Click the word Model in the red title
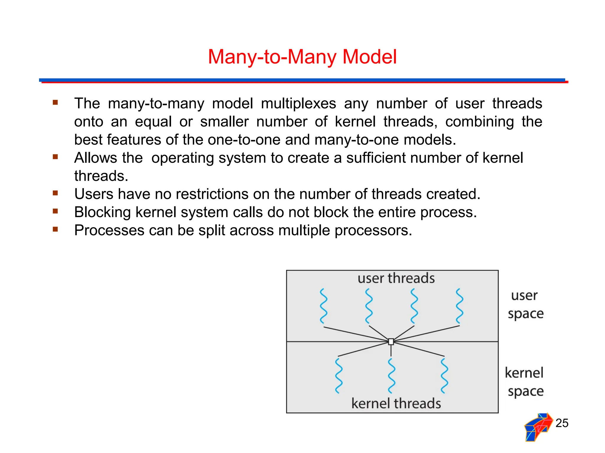click(x=369, y=57)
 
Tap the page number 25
click(x=562, y=423)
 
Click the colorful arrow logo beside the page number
click(x=538, y=427)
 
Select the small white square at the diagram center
click(x=391, y=342)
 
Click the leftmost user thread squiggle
click(x=324, y=306)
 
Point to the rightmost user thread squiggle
click(x=459, y=306)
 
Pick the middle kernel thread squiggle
click(x=391, y=376)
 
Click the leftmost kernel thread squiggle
click(x=339, y=376)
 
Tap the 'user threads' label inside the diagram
click(x=396, y=278)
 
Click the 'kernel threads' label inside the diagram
click(x=396, y=403)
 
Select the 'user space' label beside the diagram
click(x=526, y=304)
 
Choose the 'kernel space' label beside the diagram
click(x=525, y=382)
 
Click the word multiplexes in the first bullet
click(x=298, y=104)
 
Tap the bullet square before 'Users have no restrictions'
click(x=55, y=193)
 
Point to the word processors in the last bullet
click(x=373, y=230)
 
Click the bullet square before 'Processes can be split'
click(x=55, y=229)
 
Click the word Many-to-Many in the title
click(x=272, y=57)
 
